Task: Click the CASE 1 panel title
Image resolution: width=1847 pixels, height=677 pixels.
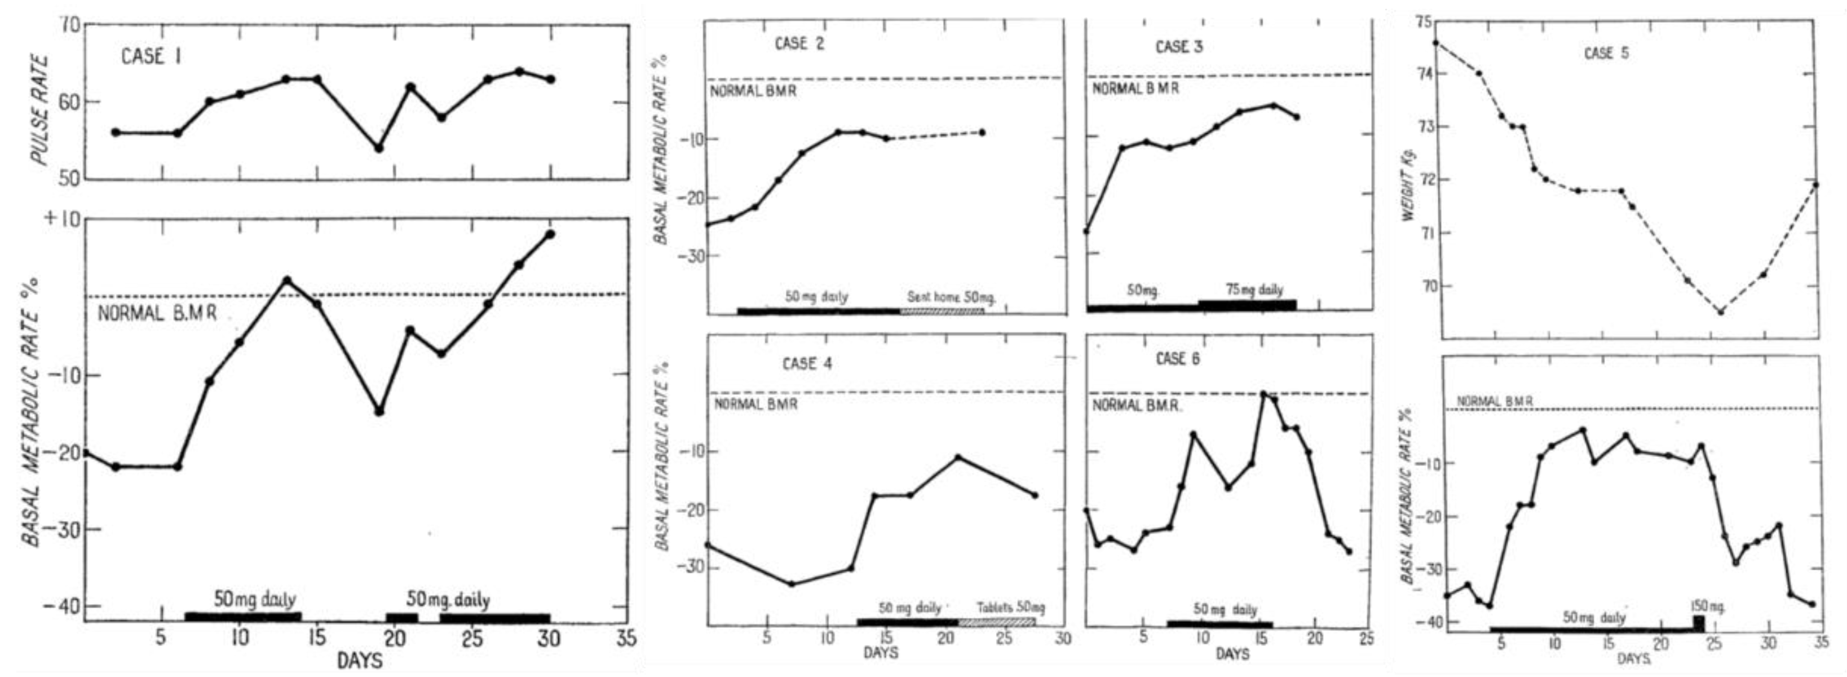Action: [x=151, y=56]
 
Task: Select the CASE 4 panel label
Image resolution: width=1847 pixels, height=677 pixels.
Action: [x=807, y=363]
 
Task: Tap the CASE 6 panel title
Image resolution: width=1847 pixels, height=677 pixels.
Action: [x=1177, y=359]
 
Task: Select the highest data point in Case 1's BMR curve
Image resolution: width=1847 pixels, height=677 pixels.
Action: [x=550, y=234]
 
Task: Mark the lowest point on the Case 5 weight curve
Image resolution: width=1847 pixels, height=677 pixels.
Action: [x=1720, y=312]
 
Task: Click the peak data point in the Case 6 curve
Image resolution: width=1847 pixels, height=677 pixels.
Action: [x=1263, y=393]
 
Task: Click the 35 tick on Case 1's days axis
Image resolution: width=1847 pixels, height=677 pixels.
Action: [x=626, y=638]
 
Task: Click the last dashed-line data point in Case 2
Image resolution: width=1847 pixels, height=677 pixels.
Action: [x=982, y=133]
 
